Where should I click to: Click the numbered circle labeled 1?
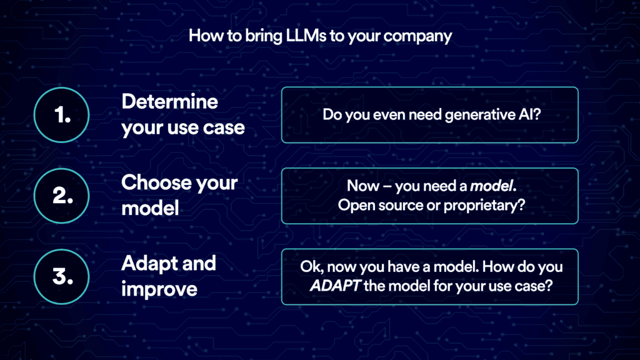pyautogui.click(x=61, y=115)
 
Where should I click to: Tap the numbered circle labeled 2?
pyautogui.click(x=61, y=196)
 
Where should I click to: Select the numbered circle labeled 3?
pyautogui.click(x=61, y=276)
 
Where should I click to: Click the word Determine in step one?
pyautogui.click(x=169, y=102)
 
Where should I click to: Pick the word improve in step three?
pyautogui.click(x=159, y=289)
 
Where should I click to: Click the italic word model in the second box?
pyautogui.click(x=487, y=186)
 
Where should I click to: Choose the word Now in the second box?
pyautogui.click(x=363, y=186)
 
